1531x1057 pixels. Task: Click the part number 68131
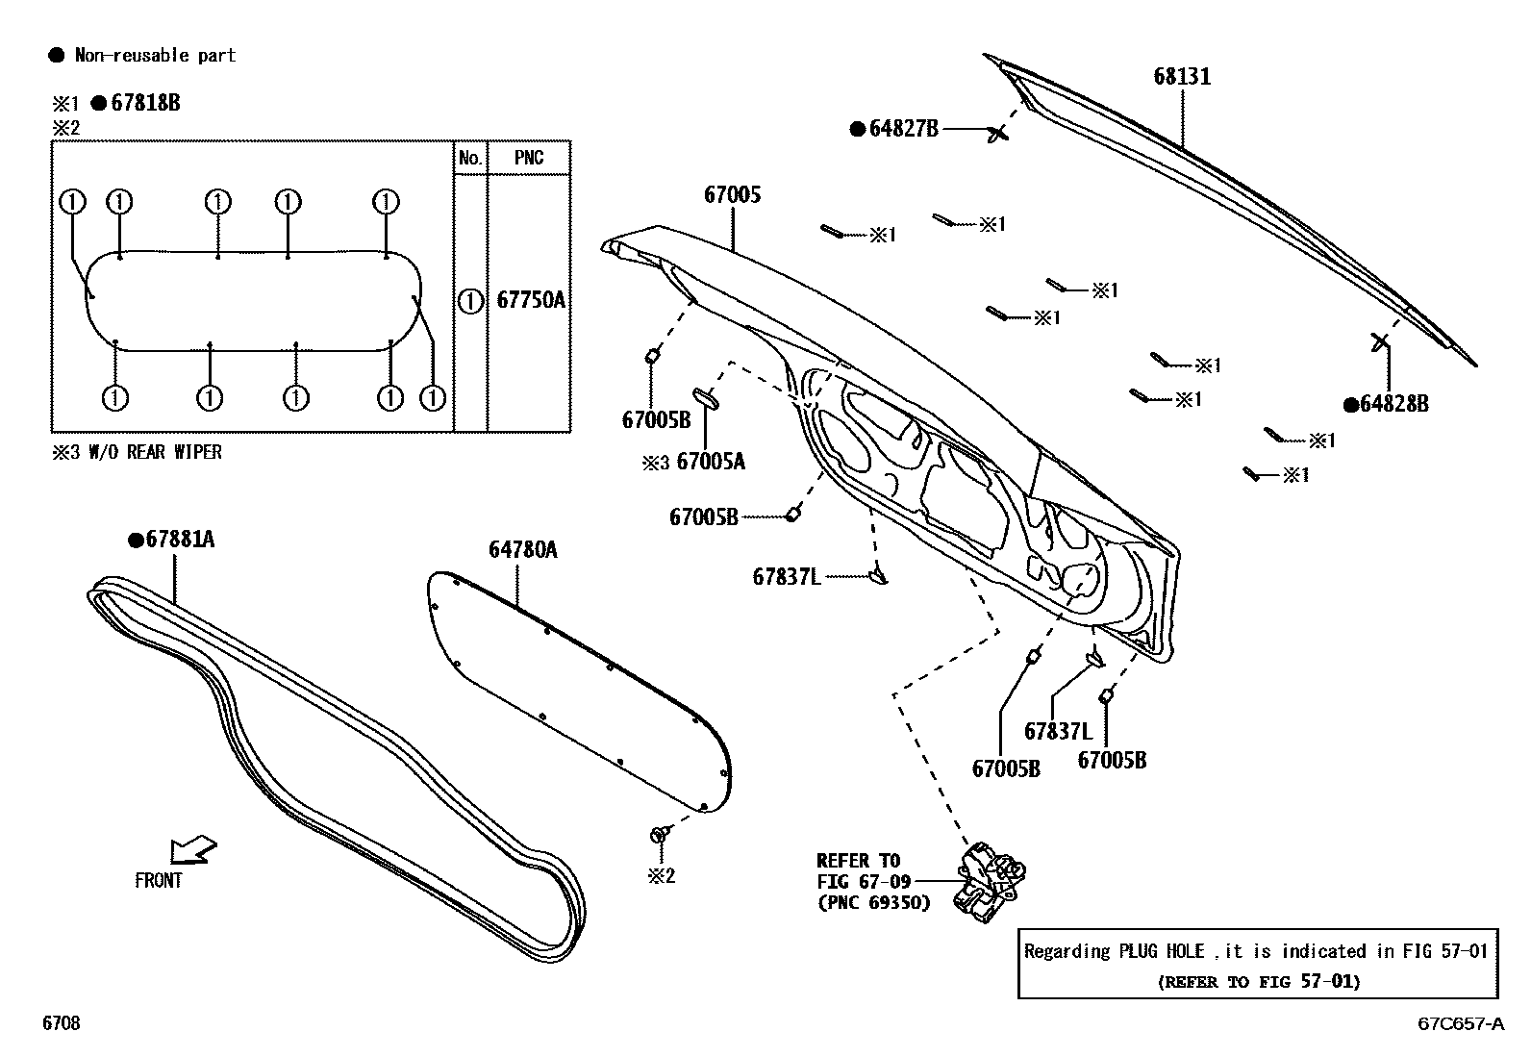[1182, 76]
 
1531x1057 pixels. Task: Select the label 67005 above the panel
[732, 195]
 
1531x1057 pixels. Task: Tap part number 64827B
[904, 129]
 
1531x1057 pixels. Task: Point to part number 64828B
[1393, 404]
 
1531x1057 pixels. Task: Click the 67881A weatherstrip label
[180, 540]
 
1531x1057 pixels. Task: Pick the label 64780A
[523, 550]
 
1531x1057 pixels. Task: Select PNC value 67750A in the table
[531, 300]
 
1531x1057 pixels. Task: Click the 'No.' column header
[470, 158]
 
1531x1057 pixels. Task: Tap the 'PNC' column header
[529, 158]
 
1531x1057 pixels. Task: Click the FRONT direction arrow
[192, 851]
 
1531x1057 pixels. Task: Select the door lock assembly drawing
[991, 882]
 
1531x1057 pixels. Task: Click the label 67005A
[711, 463]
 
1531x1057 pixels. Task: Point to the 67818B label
[145, 103]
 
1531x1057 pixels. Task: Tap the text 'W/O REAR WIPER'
[155, 453]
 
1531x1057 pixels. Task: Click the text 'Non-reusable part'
[155, 56]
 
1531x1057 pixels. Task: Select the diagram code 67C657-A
[1461, 1023]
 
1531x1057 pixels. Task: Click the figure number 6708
[62, 1022]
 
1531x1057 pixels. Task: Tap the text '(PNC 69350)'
[874, 903]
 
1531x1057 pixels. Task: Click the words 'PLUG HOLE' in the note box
[1162, 952]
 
